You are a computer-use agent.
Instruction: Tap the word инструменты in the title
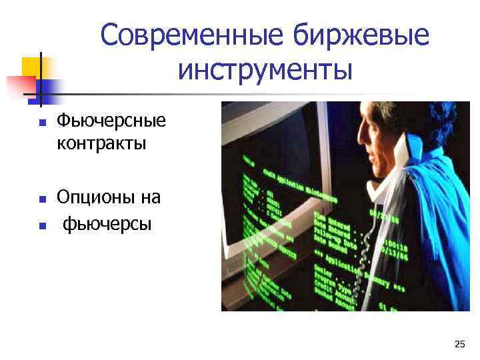pos(265,69)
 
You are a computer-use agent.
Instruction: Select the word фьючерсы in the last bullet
pos(107,223)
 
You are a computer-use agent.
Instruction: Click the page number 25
pos(459,344)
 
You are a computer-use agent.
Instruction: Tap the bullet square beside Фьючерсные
pos(41,123)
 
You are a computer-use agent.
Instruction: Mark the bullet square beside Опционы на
pos(41,199)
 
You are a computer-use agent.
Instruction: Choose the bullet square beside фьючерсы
pos(41,225)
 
